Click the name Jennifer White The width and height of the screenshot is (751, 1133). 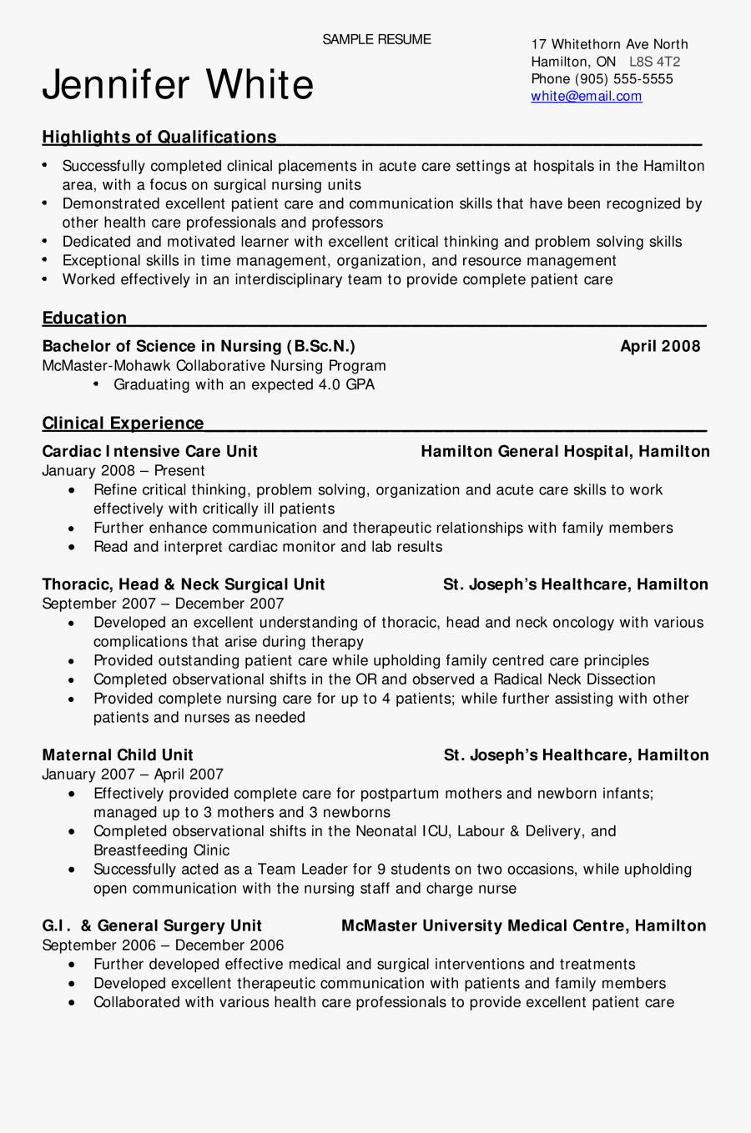[x=178, y=85]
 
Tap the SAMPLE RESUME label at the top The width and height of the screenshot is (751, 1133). [x=376, y=39]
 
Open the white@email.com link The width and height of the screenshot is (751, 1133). [x=586, y=96]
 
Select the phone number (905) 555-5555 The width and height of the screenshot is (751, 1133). [x=623, y=79]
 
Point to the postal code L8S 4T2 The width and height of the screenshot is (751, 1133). [x=654, y=62]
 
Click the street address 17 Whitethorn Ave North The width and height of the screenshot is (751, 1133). [x=609, y=44]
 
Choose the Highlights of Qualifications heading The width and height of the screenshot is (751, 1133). [x=159, y=137]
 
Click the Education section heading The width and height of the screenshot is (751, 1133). [x=84, y=318]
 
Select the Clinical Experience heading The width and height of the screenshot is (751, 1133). [x=123, y=423]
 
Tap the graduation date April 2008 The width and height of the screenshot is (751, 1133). [x=660, y=346]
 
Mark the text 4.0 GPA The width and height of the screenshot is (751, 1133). [x=346, y=384]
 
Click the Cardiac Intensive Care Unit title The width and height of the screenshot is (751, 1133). [x=149, y=451]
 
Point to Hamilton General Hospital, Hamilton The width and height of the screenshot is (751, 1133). [x=565, y=451]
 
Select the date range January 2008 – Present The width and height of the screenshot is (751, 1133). [x=123, y=470]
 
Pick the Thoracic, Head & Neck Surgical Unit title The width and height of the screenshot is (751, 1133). [x=183, y=584]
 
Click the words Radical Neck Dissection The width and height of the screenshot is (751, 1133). [x=574, y=679]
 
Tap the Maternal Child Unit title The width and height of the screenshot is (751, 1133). [x=117, y=755]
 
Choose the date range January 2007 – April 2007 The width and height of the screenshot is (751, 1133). [x=132, y=775]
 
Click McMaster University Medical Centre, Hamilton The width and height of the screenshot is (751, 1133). [x=523, y=926]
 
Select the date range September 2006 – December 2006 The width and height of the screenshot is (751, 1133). [x=163, y=945]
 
